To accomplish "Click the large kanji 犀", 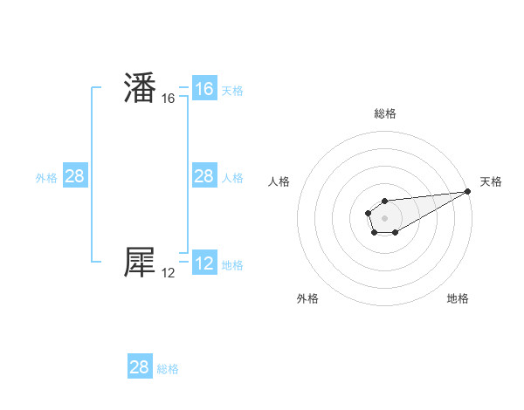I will [x=140, y=263].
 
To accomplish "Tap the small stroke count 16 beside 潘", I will [x=169, y=99].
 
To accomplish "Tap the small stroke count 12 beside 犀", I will [x=169, y=273].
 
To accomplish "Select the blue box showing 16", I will [x=203, y=89].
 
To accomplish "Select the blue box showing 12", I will [x=203, y=263].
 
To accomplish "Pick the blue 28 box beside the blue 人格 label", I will [x=203, y=176].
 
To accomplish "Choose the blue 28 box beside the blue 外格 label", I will [x=75, y=176].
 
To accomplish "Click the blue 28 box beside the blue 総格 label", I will [x=140, y=366].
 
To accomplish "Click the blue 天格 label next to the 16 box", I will [x=232, y=91].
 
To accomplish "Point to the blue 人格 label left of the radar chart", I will [x=232, y=178].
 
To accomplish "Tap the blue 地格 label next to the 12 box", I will [x=232, y=264].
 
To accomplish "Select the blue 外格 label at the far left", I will [x=46, y=178].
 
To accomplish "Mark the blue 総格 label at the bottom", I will [x=168, y=369].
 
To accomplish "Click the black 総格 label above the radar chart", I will [x=384, y=113].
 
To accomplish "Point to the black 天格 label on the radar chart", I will [x=491, y=181].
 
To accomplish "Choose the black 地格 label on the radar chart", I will [x=458, y=298].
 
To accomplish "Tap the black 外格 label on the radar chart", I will [x=308, y=298].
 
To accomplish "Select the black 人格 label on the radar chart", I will [x=279, y=181].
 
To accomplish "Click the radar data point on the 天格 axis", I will [x=467, y=191].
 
